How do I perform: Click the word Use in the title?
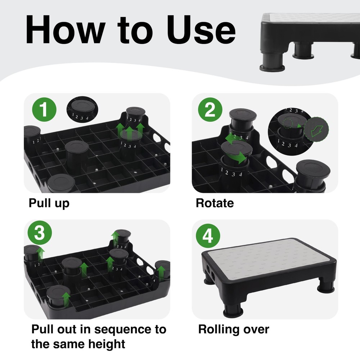point(203,29)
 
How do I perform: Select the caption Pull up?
point(49,203)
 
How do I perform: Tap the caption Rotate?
point(215,203)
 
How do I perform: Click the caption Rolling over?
point(234,329)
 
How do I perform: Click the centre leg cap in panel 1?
point(77,148)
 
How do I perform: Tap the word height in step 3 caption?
point(107,344)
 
